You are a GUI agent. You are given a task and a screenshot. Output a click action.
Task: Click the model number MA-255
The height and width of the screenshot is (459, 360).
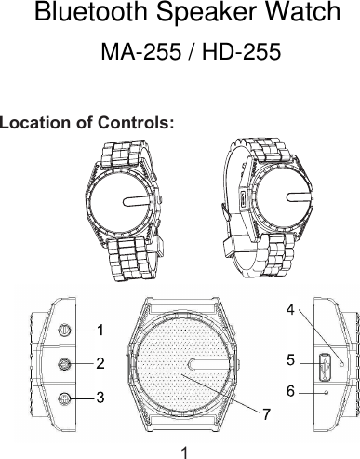click(x=140, y=54)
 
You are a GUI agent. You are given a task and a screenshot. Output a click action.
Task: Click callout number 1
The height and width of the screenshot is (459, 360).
click(x=100, y=329)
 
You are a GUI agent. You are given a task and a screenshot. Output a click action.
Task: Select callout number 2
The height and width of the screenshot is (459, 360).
click(x=100, y=361)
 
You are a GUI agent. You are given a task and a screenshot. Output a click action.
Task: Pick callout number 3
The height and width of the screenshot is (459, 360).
click(x=100, y=398)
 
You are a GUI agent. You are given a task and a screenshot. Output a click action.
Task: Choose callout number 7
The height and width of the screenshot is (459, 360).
click(x=267, y=412)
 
